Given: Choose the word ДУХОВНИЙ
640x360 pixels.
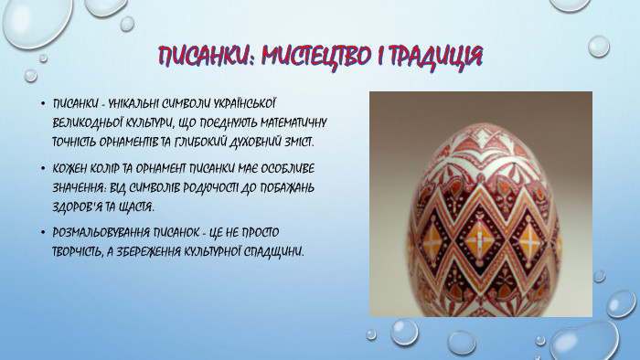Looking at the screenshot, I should [247, 142].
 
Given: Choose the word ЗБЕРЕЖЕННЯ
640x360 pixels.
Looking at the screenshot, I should [165, 251].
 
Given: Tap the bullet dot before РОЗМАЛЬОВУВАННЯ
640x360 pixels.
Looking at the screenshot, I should [43, 232].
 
